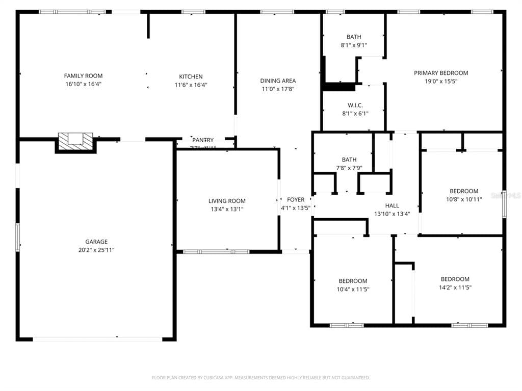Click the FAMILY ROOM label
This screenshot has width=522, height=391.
coord(83,76)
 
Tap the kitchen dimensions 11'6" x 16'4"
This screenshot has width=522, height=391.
coord(191,85)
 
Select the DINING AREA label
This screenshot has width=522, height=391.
coord(278,81)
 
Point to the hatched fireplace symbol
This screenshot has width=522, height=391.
coord(75,141)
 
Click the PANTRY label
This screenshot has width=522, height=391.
coord(203,140)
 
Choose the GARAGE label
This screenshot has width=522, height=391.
coord(96,242)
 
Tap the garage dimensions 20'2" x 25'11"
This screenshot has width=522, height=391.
coord(96,250)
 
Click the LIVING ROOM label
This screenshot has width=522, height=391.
coord(227,201)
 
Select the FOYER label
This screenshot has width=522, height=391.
coord(296,200)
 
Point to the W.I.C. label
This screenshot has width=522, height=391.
coord(355,105)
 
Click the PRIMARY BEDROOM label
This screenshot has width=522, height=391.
coord(441,73)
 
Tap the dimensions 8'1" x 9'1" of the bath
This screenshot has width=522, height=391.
coord(354,45)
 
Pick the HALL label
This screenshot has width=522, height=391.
coord(392,205)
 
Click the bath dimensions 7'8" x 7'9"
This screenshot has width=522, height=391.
coord(349,168)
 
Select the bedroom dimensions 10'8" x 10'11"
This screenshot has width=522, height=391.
coord(464,199)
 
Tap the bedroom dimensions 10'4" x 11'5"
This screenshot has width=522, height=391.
coord(353,289)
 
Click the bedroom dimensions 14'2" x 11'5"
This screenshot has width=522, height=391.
coord(455,287)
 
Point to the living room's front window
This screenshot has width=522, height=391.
coord(216,251)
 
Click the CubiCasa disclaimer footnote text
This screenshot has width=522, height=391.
coord(260,378)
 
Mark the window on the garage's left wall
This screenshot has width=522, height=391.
coord(17,237)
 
